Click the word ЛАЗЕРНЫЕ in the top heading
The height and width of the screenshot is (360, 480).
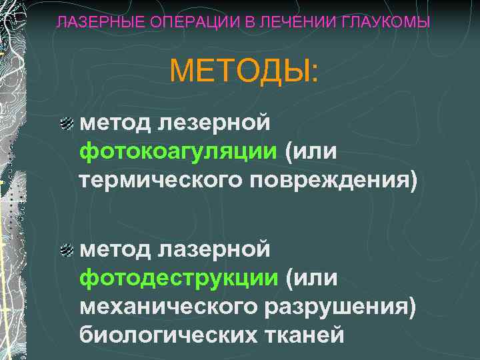pyautogui.click(x=90, y=23)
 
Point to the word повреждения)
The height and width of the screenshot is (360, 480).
pyautogui.click(x=333, y=180)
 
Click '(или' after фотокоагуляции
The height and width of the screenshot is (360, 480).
pyautogui.click(x=311, y=151)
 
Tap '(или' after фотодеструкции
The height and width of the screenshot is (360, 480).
pyautogui.click(x=311, y=278)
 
